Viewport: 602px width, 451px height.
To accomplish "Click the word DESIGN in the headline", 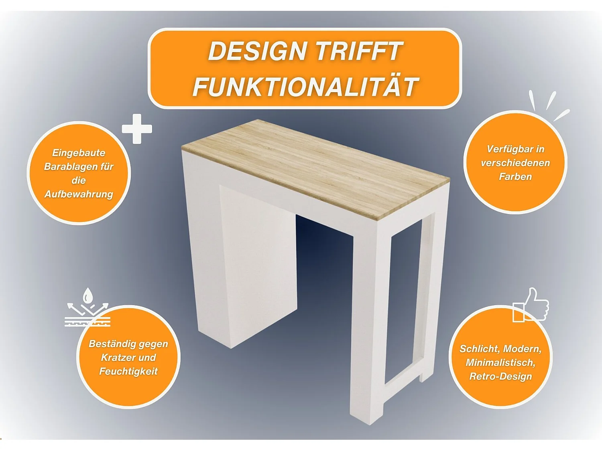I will coord(257,51).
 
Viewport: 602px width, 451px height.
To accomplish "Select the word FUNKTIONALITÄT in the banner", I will coord(305,87).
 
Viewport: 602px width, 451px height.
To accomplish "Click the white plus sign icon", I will coord(137,129).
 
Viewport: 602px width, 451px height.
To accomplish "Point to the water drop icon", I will coord(87,297).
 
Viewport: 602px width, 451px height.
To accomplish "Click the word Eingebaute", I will coord(79,153).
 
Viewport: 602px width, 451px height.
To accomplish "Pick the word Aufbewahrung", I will coord(79,194).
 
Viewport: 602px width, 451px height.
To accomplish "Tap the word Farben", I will coord(515,177).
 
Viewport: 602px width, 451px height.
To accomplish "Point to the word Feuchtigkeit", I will coord(128,372).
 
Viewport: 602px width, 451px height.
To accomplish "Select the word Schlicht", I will coord(479,349).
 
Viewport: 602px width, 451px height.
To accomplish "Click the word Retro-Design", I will coord(500,377).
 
